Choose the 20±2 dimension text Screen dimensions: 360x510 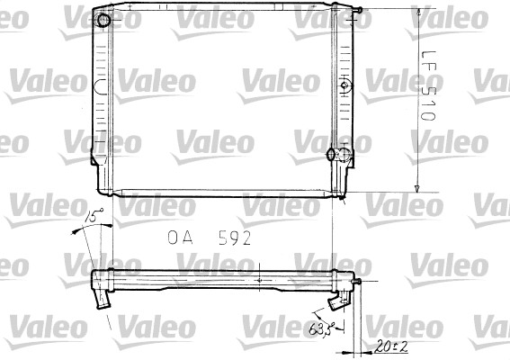(388, 345)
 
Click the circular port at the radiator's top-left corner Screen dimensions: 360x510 (105, 21)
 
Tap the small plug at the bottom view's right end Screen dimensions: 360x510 (359, 286)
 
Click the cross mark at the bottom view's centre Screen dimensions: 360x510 (259, 280)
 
